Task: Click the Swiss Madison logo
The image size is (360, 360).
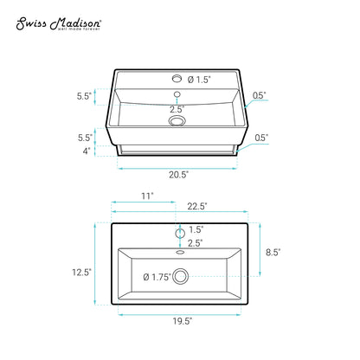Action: click(x=59, y=24)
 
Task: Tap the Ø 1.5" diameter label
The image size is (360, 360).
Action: click(x=199, y=80)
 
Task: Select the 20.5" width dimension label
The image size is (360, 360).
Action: click(x=179, y=175)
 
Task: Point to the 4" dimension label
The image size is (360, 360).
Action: click(x=87, y=151)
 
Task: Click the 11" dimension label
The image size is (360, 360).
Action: click(x=147, y=196)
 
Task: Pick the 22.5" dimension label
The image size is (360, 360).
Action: click(x=197, y=206)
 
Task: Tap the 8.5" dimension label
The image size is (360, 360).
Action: click(x=273, y=252)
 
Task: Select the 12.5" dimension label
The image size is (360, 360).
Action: click(x=81, y=272)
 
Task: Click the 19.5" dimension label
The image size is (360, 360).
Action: click(x=183, y=321)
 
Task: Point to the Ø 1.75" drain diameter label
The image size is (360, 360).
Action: click(x=157, y=277)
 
